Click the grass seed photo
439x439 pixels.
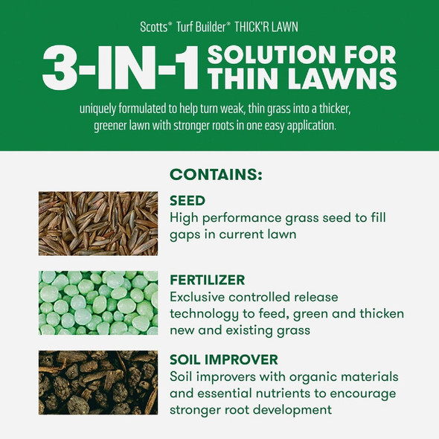click(x=98, y=223)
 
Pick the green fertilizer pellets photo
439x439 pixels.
click(x=98, y=302)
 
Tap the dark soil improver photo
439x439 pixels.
click(x=98, y=382)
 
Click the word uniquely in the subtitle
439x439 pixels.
click(x=103, y=109)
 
